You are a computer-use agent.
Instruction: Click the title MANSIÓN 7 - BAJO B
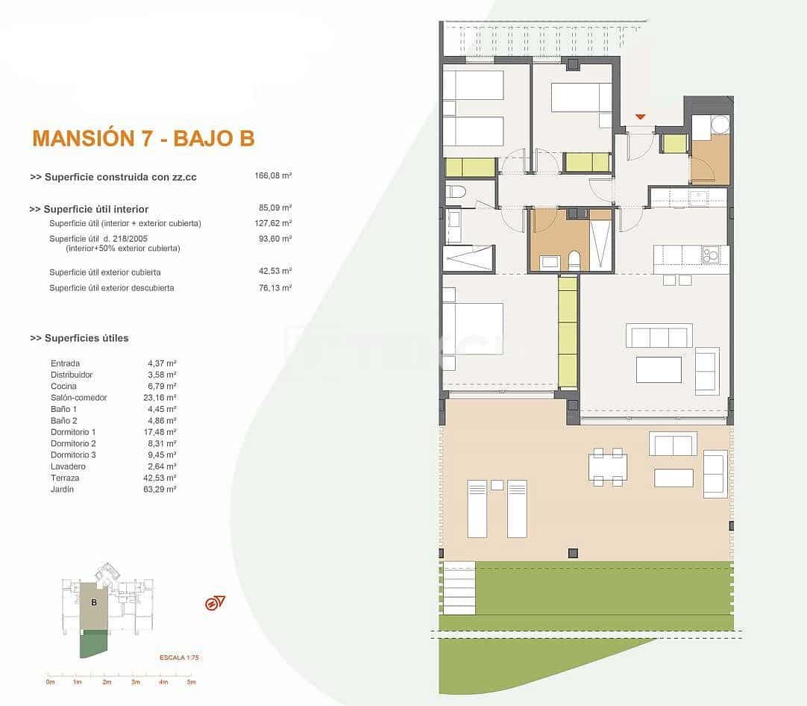click(143, 138)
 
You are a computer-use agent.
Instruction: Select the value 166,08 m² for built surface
click(273, 176)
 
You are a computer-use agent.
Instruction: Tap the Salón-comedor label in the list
click(78, 398)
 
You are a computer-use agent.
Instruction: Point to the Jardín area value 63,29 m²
click(162, 490)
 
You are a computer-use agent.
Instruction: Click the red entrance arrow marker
click(640, 116)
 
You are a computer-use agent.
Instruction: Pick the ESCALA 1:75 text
click(180, 657)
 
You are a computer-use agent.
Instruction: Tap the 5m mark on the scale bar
click(190, 681)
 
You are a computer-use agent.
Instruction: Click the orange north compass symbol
click(215, 603)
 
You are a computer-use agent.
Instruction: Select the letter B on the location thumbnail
click(95, 602)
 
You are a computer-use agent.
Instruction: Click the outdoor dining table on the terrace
click(607, 467)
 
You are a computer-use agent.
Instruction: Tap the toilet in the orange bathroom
click(573, 260)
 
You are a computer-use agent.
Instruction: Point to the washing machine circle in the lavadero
click(720, 125)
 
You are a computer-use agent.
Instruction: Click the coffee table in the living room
click(659, 369)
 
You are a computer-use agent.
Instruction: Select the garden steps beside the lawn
click(459, 588)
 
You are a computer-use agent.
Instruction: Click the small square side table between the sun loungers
click(497, 485)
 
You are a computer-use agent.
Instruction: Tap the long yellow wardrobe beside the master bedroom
click(568, 332)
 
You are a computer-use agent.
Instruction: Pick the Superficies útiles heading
click(80, 338)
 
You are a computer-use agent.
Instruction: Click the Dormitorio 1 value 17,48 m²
click(162, 432)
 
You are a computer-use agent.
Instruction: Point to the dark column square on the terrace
click(572, 553)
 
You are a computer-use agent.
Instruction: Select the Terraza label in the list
click(65, 478)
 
